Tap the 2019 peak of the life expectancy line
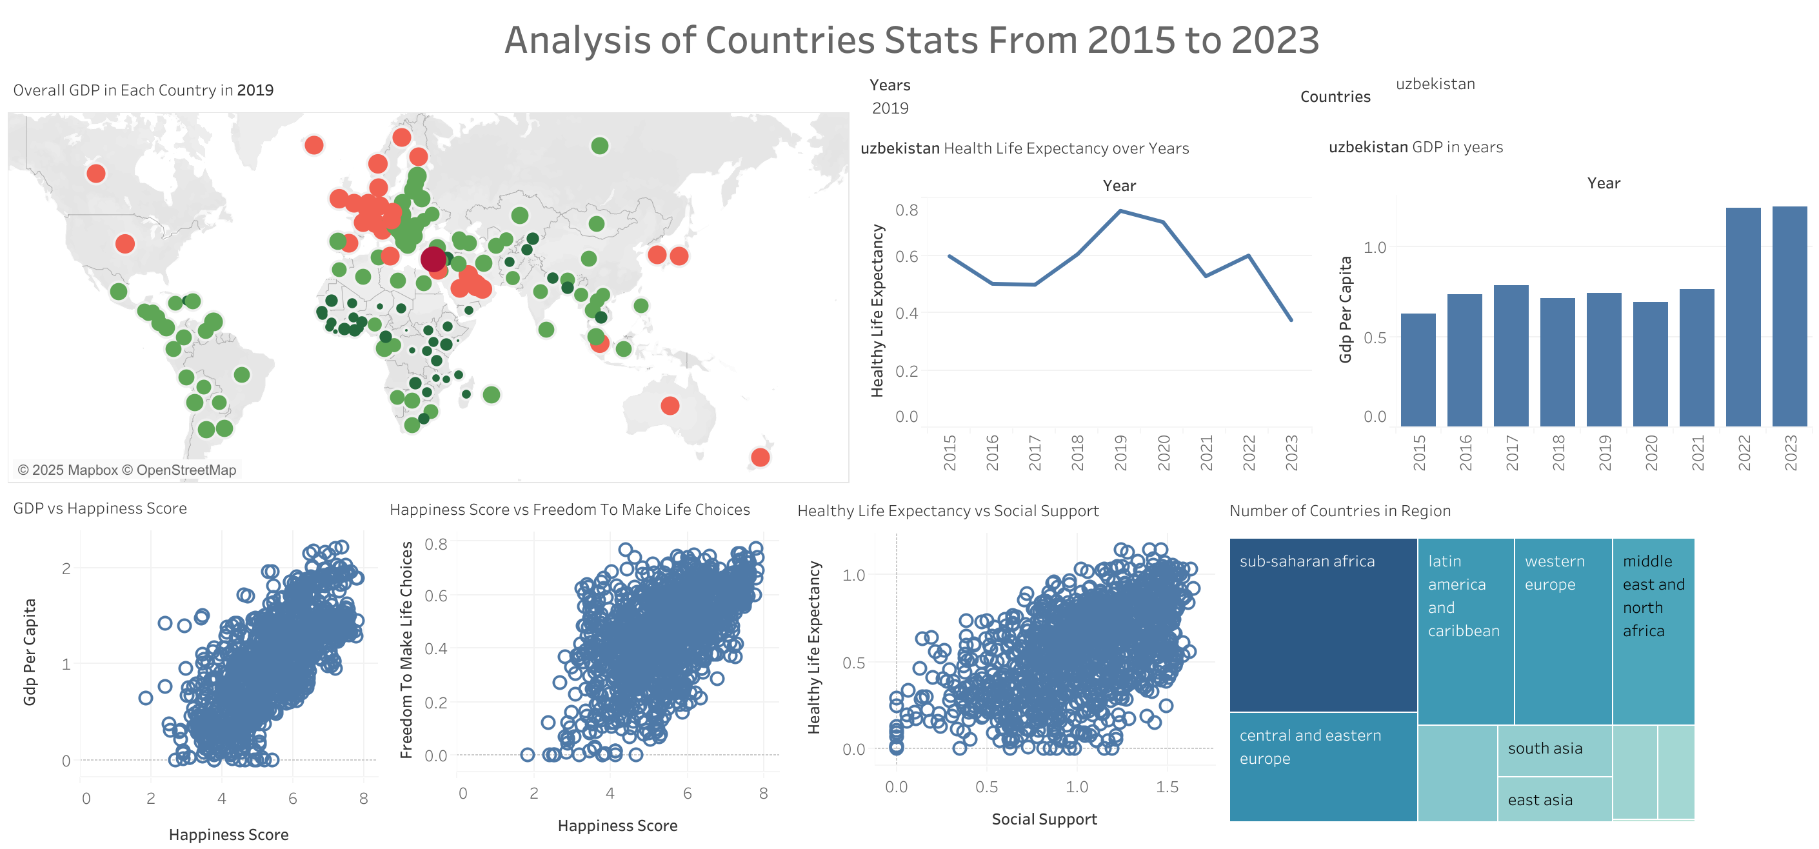point(1120,210)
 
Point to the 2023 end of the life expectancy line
point(1291,320)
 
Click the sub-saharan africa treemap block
point(1322,625)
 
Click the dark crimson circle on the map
point(433,259)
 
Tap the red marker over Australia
point(670,405)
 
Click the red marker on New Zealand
point(760,457)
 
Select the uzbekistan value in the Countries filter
point(1435,84)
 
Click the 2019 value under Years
point(890,108)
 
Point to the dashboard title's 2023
point(1275,39)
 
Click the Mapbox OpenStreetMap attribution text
point(127,470)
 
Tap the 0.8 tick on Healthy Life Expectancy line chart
point(907,210)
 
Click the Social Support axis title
point(1044,819)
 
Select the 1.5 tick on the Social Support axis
point(1166,787)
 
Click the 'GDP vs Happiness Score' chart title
point(100,508)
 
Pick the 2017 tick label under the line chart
point(1035,452)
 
